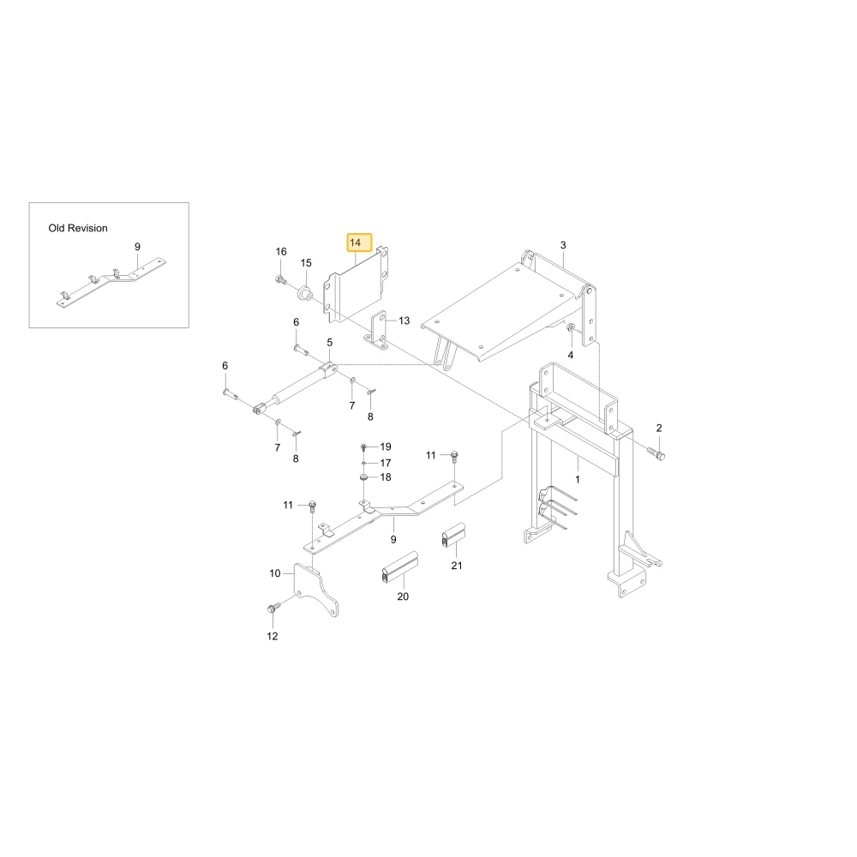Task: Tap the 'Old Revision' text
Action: (78, 228)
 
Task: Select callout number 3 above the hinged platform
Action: (563, 245)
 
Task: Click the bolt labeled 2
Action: (656, 452)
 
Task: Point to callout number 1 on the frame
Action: (578, 479)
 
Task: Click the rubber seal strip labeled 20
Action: (400, 567)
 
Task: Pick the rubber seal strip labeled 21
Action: (453, 535)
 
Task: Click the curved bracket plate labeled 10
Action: (315, 590)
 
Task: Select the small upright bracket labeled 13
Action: (378, 330)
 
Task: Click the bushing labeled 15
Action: (304, 292)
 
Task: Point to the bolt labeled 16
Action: (281, 280)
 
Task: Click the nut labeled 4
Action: (570, 328)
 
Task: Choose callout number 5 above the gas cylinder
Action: (330, 343)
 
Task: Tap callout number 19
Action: (386, 446)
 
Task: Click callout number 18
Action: (386, 477)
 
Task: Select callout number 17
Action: (386, 463)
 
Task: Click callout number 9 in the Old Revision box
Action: (137, 247)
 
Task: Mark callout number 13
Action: (404, 321)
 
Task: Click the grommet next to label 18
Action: (363, 478)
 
